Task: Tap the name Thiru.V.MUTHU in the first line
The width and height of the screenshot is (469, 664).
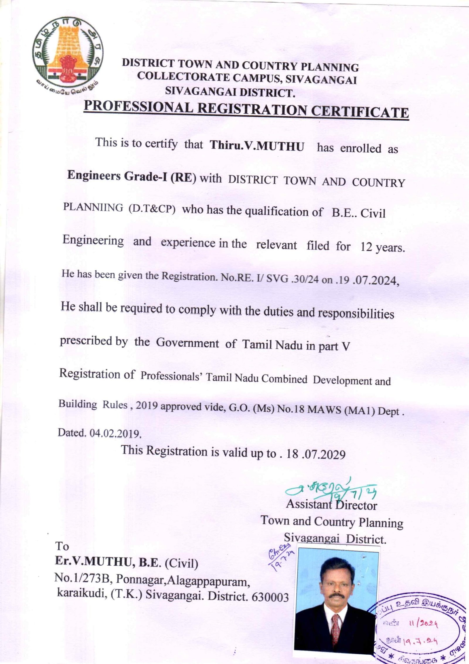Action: (257, 146)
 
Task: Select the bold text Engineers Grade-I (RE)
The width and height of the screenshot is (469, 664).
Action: (132, 176)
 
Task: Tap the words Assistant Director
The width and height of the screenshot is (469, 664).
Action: (332, 505)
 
